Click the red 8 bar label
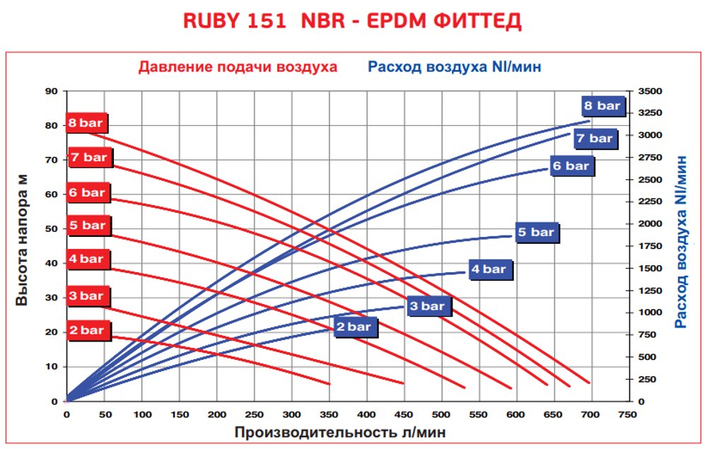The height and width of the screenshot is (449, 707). [86, 123]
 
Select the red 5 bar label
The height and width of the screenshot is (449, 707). [86, 226]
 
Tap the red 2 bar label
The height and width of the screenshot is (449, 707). [86, 330]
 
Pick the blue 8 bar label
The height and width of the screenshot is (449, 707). [602, 106]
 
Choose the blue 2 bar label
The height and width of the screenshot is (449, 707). [354, 327]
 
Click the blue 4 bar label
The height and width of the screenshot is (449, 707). [489, 269]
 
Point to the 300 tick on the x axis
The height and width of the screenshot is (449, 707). [291, 414]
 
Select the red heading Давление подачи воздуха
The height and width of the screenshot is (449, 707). [238, 67]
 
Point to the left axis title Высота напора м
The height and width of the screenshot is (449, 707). [22, 246]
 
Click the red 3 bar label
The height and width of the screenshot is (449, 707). [86, 296]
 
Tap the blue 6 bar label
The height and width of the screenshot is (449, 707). [571, 166]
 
